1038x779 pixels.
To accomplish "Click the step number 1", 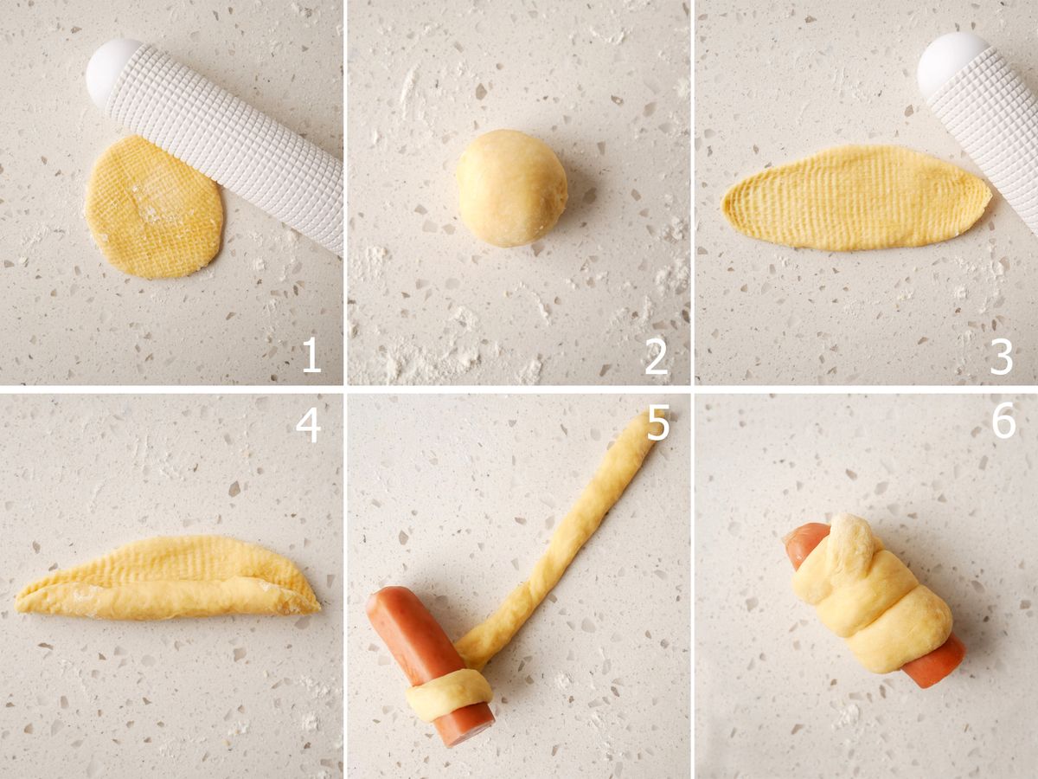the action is click(x=311, y=355).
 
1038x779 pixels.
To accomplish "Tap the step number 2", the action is click(x=657, y=355).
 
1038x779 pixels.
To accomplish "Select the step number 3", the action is click(x=1001, y=356).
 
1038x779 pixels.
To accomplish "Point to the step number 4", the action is click(x=308, y=423).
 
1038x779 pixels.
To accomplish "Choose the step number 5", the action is click(x=657, y=423).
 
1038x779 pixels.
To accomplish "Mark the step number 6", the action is click(x=1003, y=420).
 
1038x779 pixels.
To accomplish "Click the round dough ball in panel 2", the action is click(x=512, y=188).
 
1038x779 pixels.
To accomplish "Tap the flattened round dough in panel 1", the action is click(x=154, y=208).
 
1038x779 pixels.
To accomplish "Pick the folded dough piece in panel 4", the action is click(x=168, y=579).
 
